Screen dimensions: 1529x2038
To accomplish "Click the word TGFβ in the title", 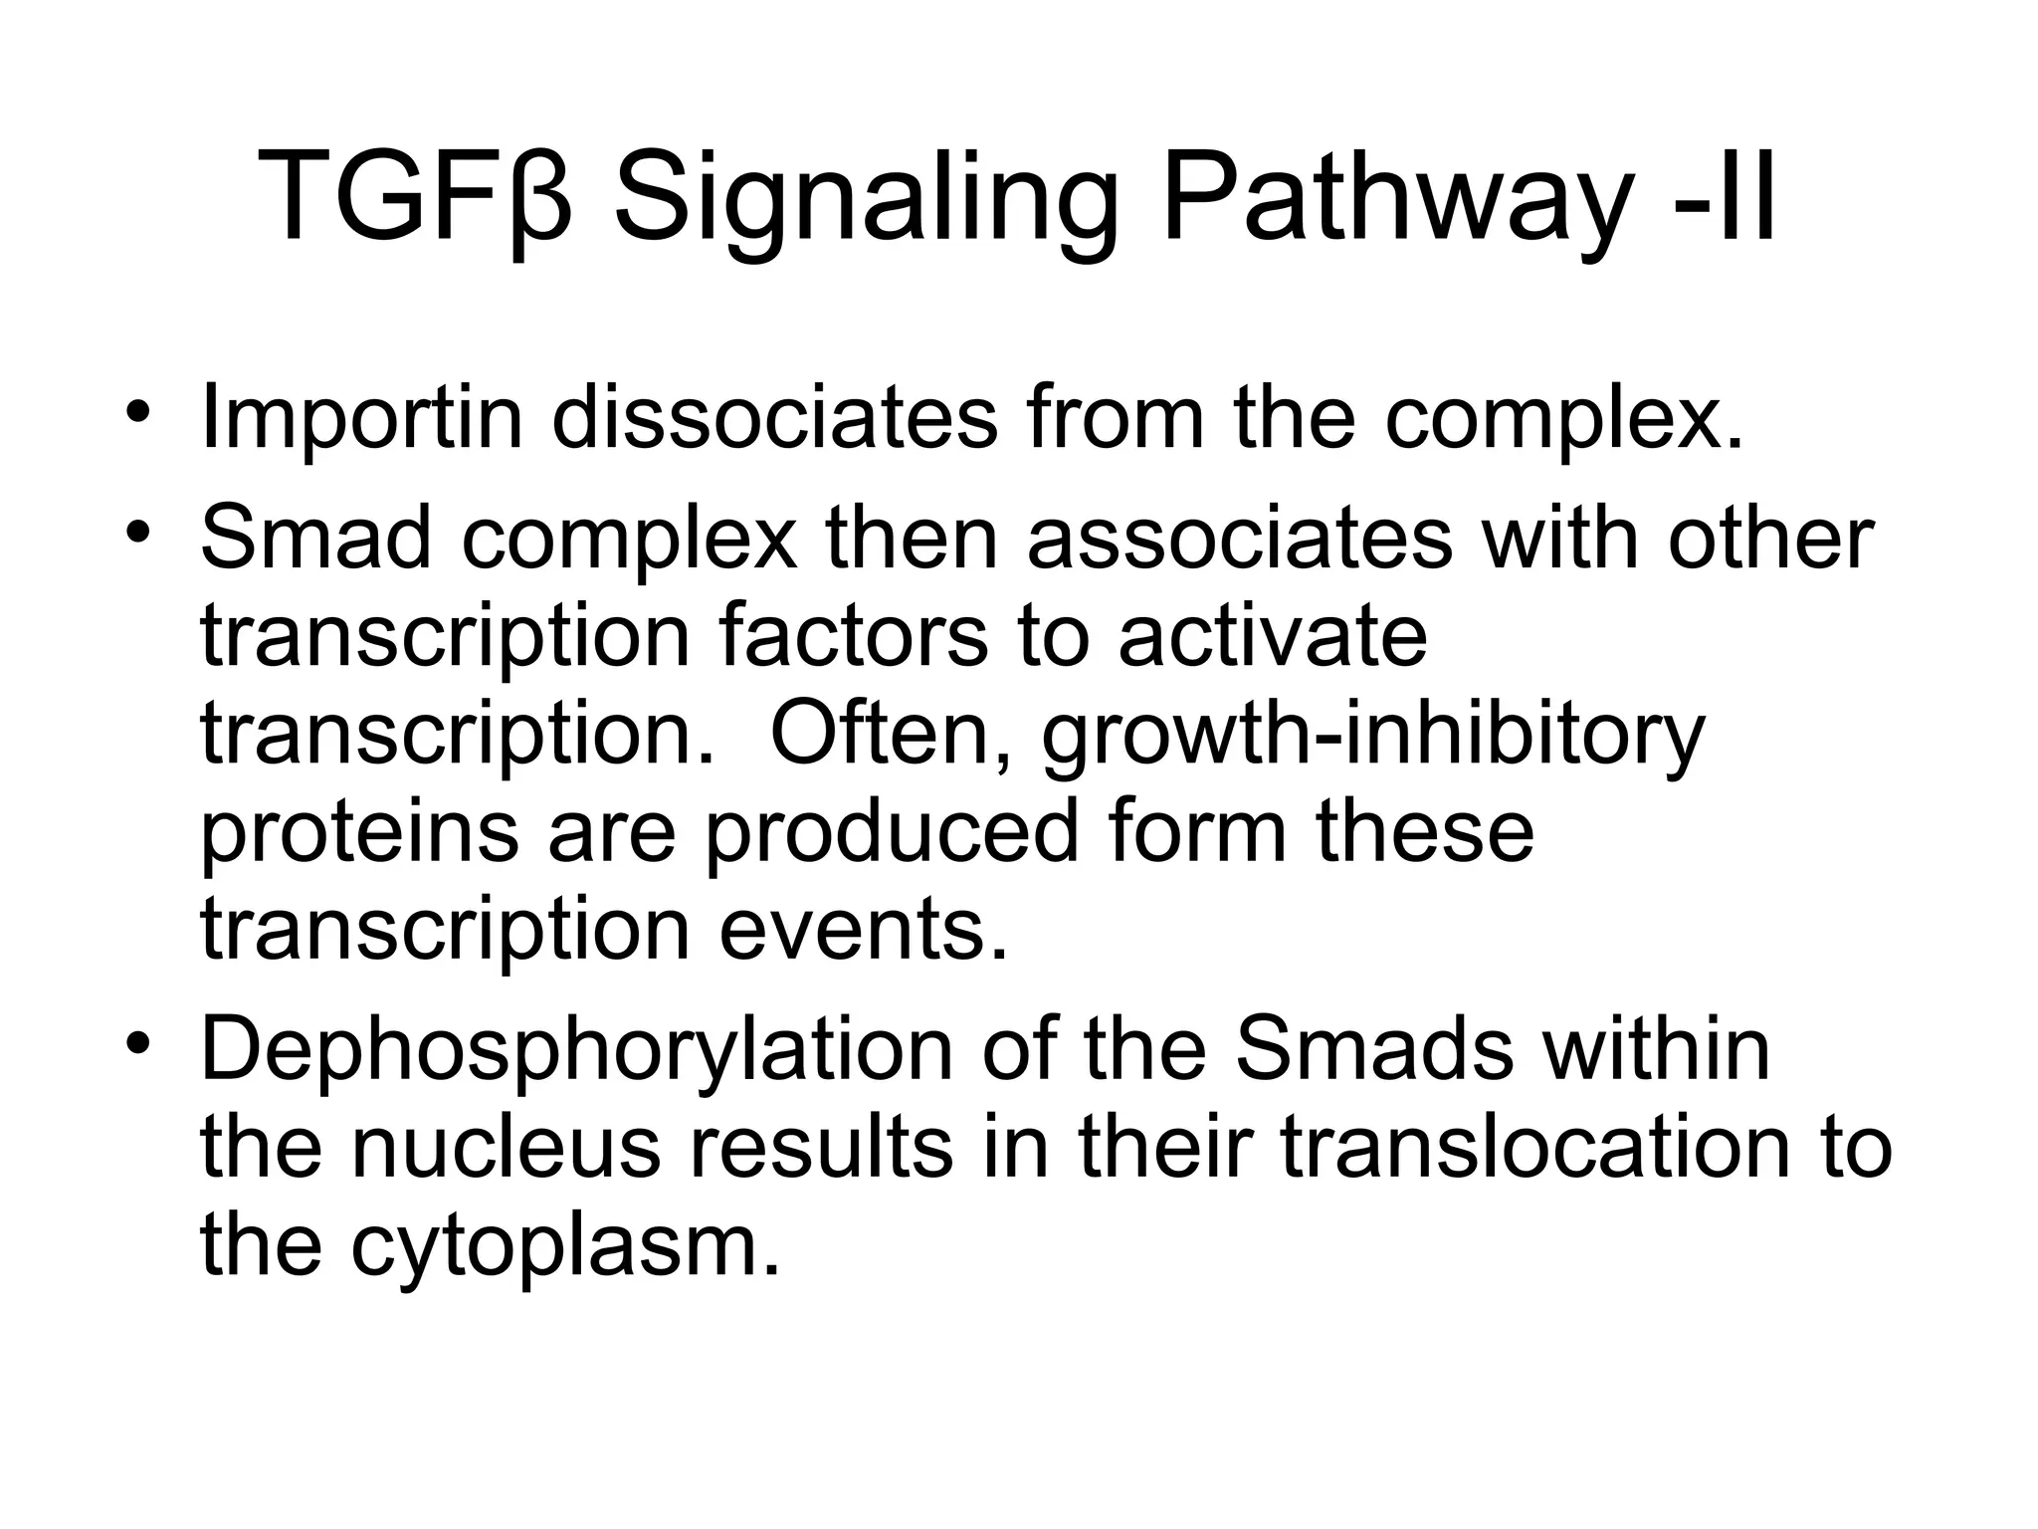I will [415, 197].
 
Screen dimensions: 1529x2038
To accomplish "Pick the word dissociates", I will [774, 416].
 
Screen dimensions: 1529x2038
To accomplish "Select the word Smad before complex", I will [315, 539].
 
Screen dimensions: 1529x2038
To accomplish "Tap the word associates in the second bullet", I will [1239, 539].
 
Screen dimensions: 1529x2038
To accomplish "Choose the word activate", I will [1273, 636].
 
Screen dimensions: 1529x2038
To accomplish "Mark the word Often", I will [892, 734].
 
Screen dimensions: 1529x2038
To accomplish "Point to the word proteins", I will [359, 833].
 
